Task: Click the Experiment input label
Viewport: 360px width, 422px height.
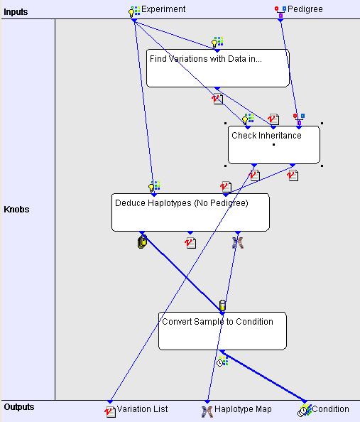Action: click(x=163, y=9)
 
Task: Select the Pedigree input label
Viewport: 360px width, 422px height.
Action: click(x=305, y=9)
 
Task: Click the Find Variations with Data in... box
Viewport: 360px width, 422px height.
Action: click(x=218, y=68)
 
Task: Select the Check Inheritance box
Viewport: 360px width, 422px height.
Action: click(x=274, y=145)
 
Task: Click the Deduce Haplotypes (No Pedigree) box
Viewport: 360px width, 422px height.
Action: click(x=190, y=212)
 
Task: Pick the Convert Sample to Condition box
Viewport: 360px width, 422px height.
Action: click(x=222, y=331)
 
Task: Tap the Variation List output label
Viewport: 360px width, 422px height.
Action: click(x=142, y=409)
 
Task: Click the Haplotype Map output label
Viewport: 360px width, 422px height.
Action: click(x=243, y=409)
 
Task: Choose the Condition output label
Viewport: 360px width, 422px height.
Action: click(x=330, y=409)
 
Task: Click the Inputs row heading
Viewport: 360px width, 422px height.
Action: click(x=16, y=12)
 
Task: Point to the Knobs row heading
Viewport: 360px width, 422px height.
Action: click(x=16, y=210)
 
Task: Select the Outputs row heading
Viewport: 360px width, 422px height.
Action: click(x=19, y=407)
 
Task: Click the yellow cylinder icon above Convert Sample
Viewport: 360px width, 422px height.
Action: click(x=222, y=305)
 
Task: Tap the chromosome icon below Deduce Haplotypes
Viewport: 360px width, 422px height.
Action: click(x=238, y=243)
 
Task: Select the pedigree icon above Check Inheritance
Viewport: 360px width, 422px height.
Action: click(x=299, y=119)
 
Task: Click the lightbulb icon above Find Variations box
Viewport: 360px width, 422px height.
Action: click(x=217, y=42)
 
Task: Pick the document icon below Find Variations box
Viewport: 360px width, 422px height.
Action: click(x=218, y=99)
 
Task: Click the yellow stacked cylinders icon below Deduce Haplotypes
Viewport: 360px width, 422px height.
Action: click(x=142, y=242)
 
